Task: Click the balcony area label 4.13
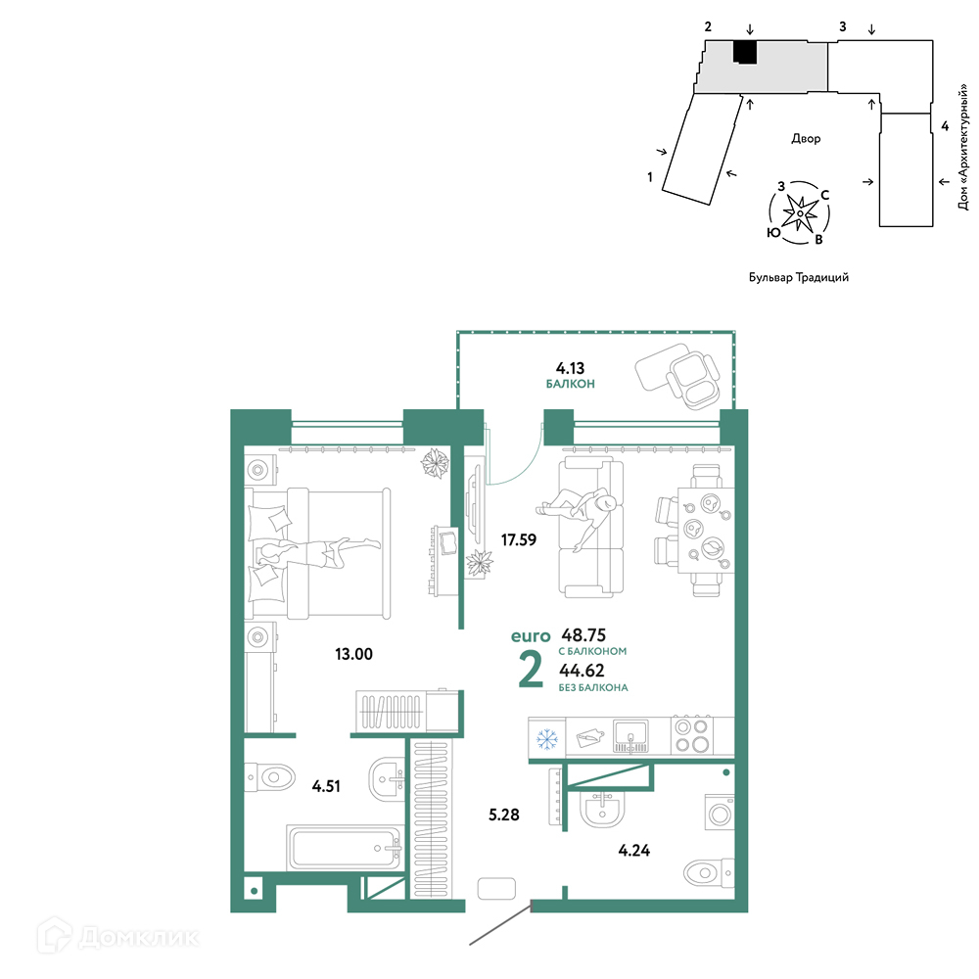click(570, 368)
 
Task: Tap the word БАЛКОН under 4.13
click(570, 384)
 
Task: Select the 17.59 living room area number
click(518, 539)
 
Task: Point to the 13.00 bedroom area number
click(353, 654)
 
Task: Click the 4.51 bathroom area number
click(326, 785)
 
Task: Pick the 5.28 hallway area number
click(503, 815)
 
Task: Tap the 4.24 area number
click(633, 850)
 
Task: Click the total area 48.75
click(583, 635)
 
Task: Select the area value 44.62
click(582, 670)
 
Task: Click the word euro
click(531, 636)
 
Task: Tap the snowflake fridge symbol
click(547, 738)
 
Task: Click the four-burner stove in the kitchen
click(692, 736)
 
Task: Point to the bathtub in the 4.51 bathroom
click(344, 848)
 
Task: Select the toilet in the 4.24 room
click(709, 872)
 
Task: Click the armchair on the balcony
click(692, 380)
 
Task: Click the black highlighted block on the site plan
click(745, 52)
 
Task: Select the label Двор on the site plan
click(806, 138)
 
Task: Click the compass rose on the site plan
click(799, 213)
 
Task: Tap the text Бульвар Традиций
click(799, 277)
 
